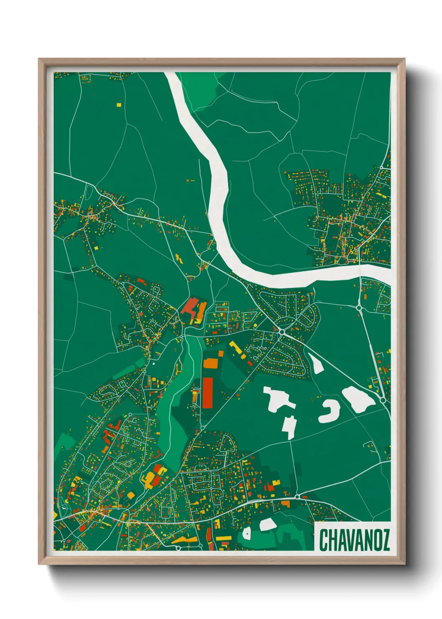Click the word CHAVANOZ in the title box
(x=354, y=540)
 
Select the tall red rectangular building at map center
(x=208, y=393)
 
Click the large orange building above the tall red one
(x=210, y=363)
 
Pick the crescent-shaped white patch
(x=330, y=412)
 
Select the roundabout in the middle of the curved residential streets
(x=282, y=332)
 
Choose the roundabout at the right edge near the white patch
(x=383, y=400)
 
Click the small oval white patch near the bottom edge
(x=246, y=532)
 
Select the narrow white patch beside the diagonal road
(x=316, y=363)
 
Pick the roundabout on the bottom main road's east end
(x=297, y=497)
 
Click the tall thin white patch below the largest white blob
(x=290, y=427)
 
